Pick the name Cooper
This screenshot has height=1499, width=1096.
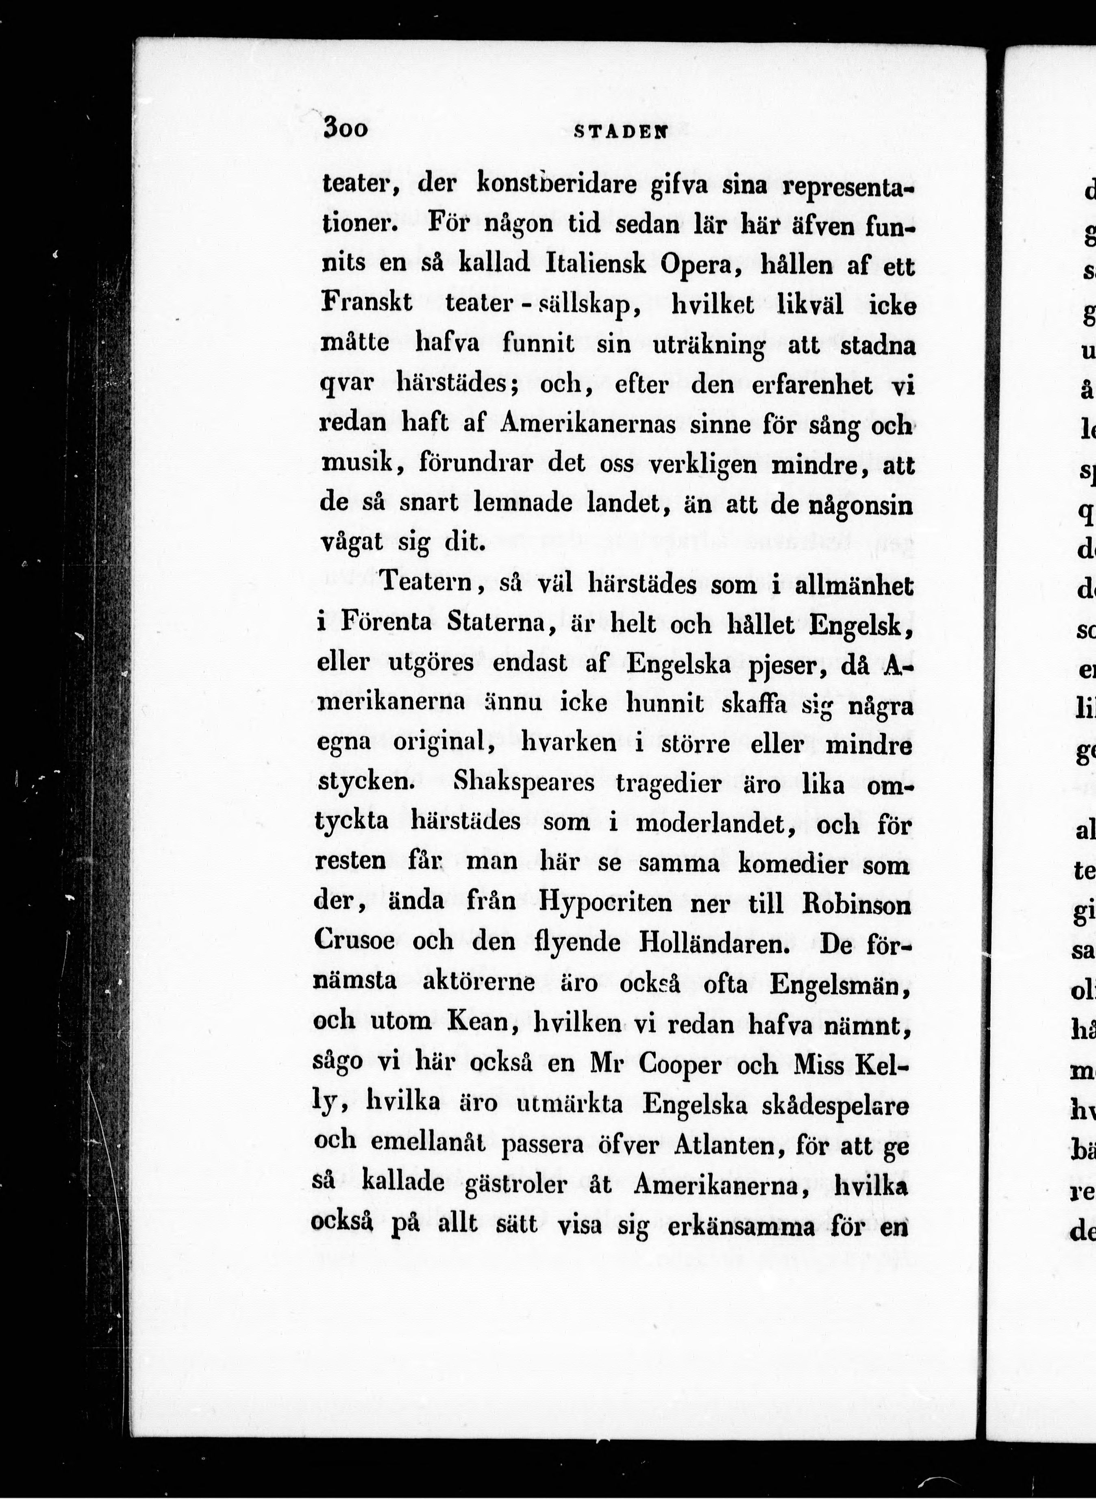click(679, 1064)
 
